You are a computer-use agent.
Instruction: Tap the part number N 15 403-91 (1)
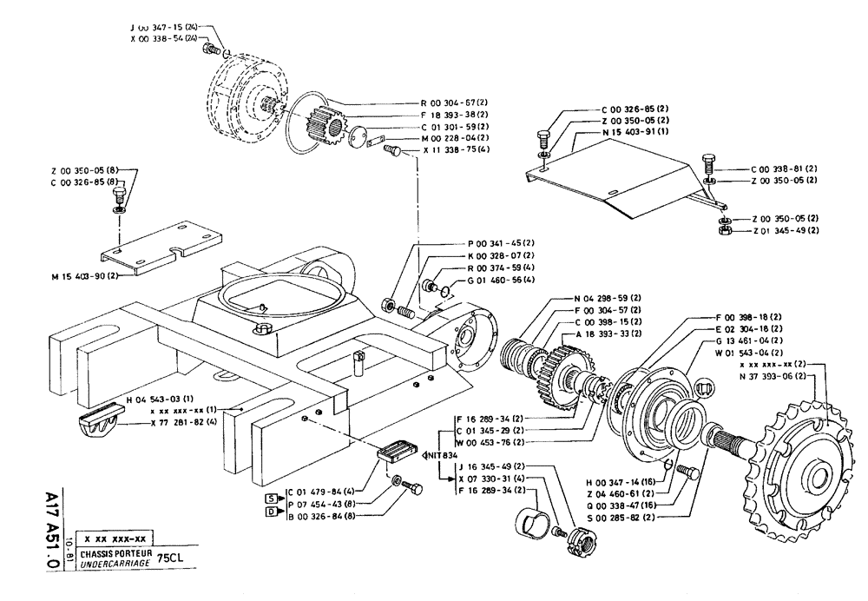pos(635,131)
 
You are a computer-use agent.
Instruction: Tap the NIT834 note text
pos(439,453)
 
